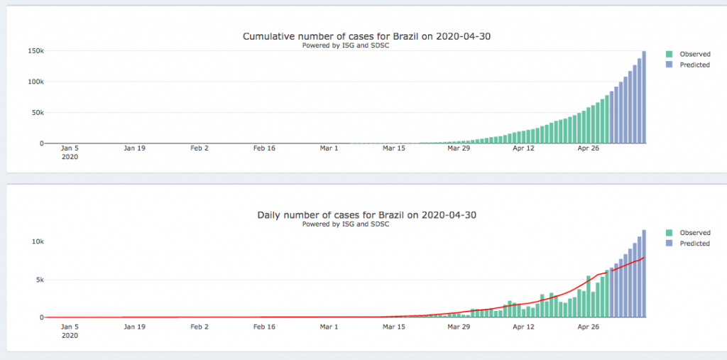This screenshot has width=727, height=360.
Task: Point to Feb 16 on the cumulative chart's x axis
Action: click(263, 148)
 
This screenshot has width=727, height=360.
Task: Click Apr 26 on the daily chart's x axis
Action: click(589, 327)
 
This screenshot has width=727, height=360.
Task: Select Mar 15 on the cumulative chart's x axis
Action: click(393, 148)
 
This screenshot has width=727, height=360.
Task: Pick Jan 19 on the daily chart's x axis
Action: click(134, 327)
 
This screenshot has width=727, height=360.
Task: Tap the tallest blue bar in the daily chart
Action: click(644, 273)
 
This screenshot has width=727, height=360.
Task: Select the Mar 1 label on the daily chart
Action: click(329, 327)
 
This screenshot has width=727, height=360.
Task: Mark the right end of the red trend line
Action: click(644, 257)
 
